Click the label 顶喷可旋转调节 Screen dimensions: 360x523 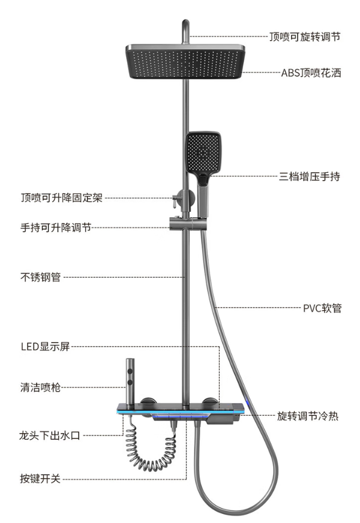click(305, 37)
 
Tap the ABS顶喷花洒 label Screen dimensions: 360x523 click(311, 73)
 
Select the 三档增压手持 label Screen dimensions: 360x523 click(310, 176)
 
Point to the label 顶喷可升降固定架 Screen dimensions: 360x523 click(61, 198)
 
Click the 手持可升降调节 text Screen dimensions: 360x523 click(56, 227)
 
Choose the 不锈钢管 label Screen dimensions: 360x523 click(41, 277)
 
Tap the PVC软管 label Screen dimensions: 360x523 click(322, 308)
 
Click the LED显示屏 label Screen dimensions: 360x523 click(46, 347)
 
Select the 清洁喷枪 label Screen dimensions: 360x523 click(40, 387)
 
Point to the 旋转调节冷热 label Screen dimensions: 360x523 click(308, 416)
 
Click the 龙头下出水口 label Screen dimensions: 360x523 click(50, 435)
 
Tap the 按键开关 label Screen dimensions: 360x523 click(40, 479)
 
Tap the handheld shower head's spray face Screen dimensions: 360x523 click(203, 152)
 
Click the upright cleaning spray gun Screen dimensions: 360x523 click(130, 381)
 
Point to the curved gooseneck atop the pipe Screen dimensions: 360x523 click(186, 32)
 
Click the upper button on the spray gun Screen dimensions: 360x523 click(130, 371)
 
